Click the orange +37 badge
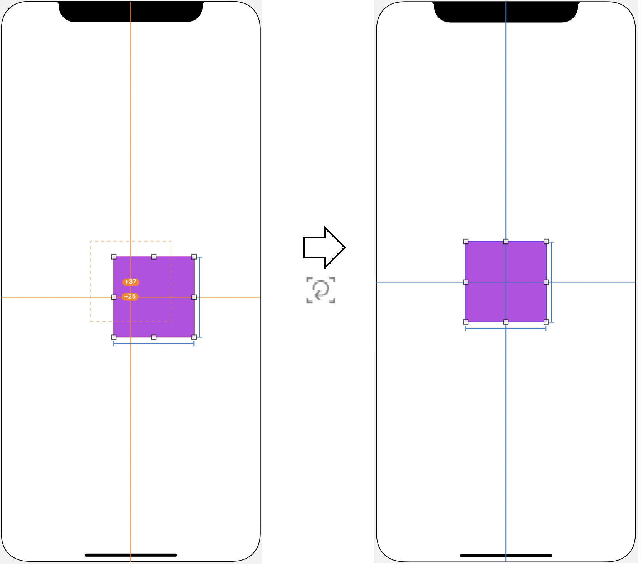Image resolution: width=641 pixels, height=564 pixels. coord(131,282)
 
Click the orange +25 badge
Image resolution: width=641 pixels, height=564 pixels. coord(130,297)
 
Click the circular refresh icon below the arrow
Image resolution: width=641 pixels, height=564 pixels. coord(320,290)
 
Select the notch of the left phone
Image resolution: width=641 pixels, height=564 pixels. coord(131,12)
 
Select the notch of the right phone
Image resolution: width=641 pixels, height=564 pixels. coord(506,12)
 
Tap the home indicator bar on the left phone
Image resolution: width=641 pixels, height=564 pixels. coord(131,555)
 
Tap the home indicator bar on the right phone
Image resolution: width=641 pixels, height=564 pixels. coord(506,556)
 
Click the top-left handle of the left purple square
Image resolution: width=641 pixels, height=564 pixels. coord(114,257)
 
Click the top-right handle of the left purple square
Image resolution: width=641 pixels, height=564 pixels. coord(194,257)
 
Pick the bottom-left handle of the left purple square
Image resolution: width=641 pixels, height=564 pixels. coord(114,337)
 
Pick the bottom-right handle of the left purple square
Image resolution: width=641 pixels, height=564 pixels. coord(194,337)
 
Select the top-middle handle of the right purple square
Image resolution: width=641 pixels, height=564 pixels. coord(506,242)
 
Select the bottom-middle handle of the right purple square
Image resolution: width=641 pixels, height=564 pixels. coord(506,322)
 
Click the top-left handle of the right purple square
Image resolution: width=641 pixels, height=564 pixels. coord(466,242)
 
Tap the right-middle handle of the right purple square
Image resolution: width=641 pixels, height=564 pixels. coord(546,282)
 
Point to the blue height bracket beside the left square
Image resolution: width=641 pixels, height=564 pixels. coord(200,297)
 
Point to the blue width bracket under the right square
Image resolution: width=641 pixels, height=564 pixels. coord(506,329)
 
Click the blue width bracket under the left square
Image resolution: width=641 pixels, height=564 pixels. coord(154,343)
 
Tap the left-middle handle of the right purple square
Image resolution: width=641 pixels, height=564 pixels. coord(466,282)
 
